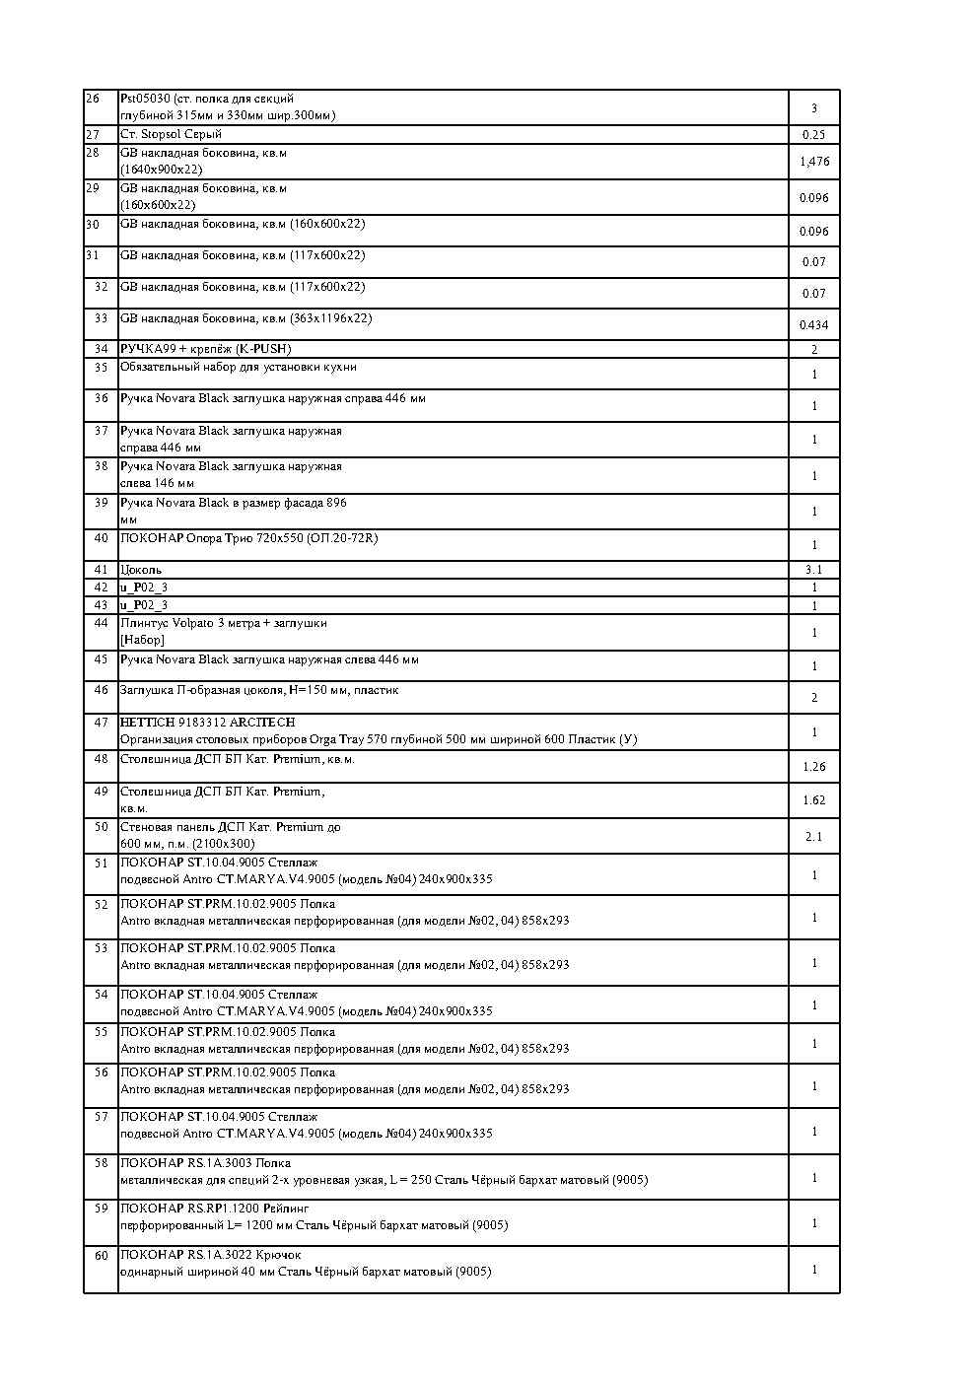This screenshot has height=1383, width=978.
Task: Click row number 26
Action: (93, 99)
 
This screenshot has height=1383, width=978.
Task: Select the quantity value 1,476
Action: (814, 162)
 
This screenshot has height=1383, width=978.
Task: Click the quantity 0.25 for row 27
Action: (813, 135)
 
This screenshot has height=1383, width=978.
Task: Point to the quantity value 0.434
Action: (813, 325)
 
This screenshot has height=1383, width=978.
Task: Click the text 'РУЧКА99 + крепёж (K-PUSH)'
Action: (205, 349)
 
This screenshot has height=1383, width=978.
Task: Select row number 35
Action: (101, 367)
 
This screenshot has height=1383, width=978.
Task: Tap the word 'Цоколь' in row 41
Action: (141, 570)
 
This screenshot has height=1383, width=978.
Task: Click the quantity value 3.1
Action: (813, 570)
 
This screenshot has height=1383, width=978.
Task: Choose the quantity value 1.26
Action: (813, 767)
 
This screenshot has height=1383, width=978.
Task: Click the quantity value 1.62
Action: (813, 800)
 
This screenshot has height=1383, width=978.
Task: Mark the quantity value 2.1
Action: (813, 837)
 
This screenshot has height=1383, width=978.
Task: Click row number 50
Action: (101, 827)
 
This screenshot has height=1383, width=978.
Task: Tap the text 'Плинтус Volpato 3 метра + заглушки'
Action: (223, 623)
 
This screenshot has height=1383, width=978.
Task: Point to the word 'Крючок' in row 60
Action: (281, 1255)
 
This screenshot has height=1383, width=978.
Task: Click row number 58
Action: (101, 1163)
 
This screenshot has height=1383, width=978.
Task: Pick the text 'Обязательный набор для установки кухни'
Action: (238, 367)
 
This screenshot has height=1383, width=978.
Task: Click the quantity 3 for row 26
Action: (813, 108)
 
